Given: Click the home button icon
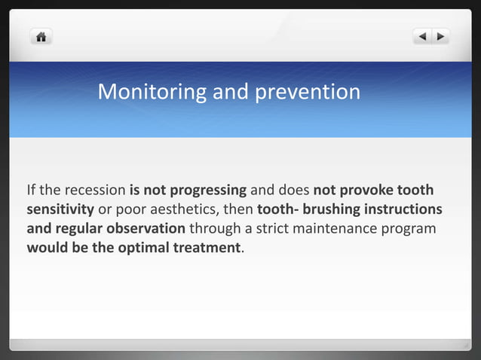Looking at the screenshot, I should pos(41,36).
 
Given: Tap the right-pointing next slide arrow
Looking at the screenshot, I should pos(440,36).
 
